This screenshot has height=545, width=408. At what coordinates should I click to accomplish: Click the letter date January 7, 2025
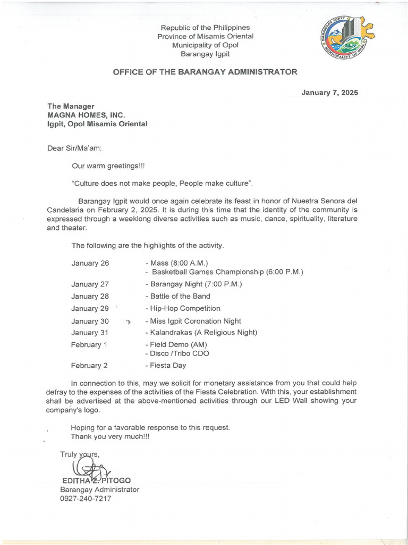[x=329, y=93]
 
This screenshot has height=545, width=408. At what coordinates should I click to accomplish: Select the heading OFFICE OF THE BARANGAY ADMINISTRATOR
[x=205, y=72]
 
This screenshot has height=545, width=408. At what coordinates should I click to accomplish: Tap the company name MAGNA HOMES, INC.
[x=86, y=115]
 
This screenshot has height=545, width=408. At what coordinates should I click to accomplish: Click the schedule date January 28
[x=90, y=296]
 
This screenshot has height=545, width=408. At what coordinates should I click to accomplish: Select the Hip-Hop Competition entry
[x=182, y=309]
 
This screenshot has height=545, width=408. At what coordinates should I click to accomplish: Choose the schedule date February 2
[x=89, y=366]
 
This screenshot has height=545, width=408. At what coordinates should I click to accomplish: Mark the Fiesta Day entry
[x=165, y=366]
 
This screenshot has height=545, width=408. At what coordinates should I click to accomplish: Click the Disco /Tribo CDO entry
[x=177, y=353]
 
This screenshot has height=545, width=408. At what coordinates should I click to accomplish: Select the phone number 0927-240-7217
[x=86, y=499]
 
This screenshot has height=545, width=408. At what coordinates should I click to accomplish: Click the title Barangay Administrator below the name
[x=99, y=490]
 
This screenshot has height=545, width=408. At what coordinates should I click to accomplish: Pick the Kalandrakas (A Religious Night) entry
[x=201, y=333]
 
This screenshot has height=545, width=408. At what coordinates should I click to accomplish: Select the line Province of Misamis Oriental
[x=205, y=36]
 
